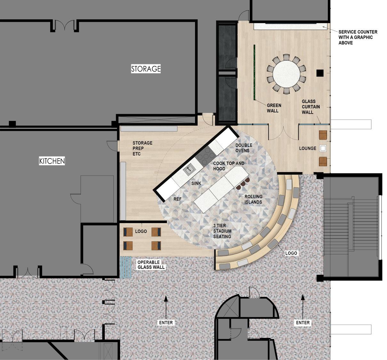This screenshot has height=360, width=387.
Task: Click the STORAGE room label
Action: [x=146, y=69]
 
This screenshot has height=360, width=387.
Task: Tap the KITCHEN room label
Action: [x=52, y=161]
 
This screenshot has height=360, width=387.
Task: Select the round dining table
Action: [x=287, y=74]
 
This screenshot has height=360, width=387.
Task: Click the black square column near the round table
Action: [x=320, y=73]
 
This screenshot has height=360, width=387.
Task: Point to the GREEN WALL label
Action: [x=274, y=108]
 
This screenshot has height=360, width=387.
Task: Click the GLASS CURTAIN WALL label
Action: [x=311, y=107]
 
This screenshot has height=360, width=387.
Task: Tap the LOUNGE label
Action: [x=308, y=148]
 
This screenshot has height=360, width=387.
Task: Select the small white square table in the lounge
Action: [x=323, y=148]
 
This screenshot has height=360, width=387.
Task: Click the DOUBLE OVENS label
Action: [x=244, y=148]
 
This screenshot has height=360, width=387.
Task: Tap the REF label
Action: [x=177, y=199]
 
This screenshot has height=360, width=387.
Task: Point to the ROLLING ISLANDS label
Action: [x=253, y=199]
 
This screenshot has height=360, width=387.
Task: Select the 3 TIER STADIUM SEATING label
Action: [x=222, y=231]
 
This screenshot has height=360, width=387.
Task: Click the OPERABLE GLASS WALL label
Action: [x=151, y=265]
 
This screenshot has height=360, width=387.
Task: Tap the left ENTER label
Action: [x=166, y=323]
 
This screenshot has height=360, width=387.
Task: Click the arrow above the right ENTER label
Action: [x=303, y=305]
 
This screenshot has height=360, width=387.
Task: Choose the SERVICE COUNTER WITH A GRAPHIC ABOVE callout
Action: [x=358, y=37]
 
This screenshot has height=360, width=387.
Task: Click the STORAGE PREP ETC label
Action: [x=142, y=148]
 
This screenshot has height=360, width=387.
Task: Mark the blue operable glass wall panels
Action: [x=125, y=267]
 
